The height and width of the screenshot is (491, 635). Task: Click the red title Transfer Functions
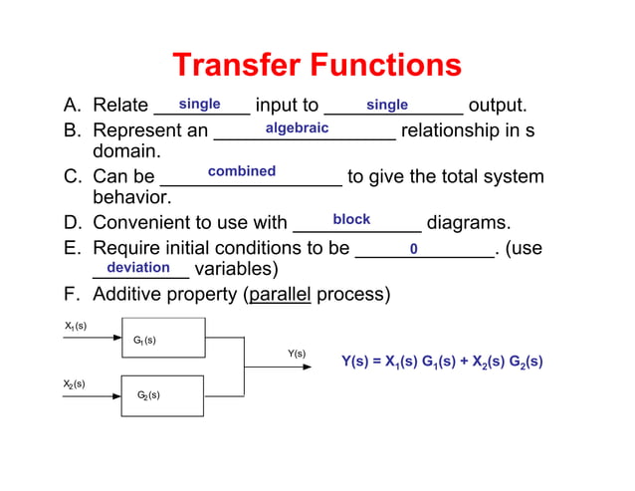click(x=317, y=66)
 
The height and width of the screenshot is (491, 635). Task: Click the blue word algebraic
click(x=297, y=128)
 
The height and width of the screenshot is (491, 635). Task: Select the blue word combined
click(x=242, y=171)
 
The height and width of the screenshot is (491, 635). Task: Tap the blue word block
click(x=351, y=219)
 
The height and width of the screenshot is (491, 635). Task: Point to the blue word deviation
click(x=138, y=267)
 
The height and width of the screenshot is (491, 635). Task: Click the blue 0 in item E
click(x=413, y=248)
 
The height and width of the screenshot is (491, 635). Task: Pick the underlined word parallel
click(x=280, y=295)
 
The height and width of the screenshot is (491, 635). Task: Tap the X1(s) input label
click(x=76, y=326)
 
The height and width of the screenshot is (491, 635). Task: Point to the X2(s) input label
click(x=75, y=383)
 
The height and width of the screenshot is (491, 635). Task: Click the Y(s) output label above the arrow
click(x=297, y=354)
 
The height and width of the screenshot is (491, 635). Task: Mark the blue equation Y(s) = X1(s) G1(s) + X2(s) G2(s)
click(x=441, y=362)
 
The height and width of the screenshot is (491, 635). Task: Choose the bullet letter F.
click(x=72, y=295)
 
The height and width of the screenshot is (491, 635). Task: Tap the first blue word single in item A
click(x=199, y=105)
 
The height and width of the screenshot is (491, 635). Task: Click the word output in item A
click(x=497, y=106)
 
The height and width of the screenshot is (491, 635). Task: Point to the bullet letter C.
click(x=72, y=177)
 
